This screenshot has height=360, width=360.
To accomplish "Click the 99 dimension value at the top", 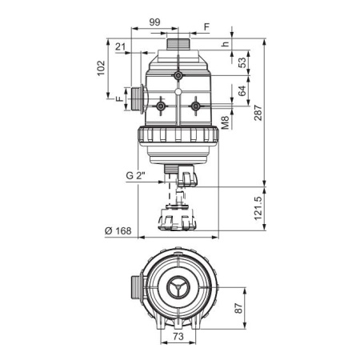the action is (154, 22).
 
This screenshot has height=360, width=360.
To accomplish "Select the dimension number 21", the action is (120, 46).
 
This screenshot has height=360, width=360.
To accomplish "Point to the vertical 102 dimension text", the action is (101, 68).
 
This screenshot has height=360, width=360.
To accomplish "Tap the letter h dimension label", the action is (226, 44).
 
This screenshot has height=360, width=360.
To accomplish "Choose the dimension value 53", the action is (242, 62).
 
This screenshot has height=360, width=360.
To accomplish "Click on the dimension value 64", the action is (242, 90).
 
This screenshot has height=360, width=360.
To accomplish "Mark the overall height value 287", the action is (258, 113).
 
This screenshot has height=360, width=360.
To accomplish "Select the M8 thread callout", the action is (226, 123).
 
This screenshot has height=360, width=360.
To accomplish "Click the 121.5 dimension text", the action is (258, 208).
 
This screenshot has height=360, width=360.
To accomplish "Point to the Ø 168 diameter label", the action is (118, 230).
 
